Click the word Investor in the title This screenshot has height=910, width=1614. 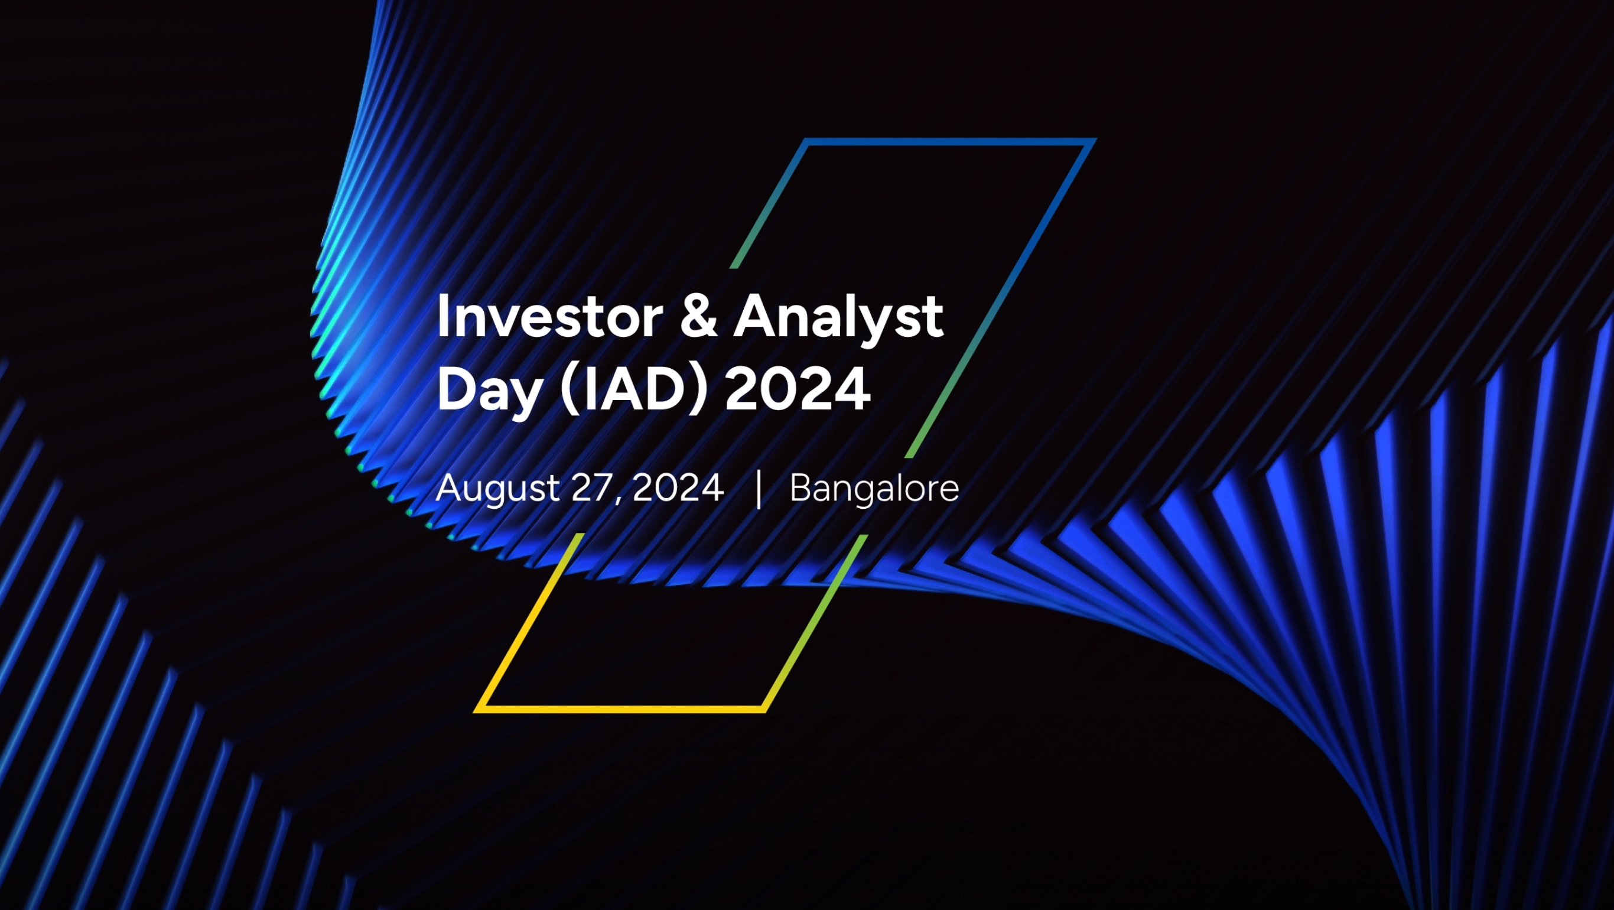[549, 317]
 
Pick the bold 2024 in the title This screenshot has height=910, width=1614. [798, 389]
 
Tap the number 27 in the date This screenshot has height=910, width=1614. [593, 487]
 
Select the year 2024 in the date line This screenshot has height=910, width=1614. [678, 487]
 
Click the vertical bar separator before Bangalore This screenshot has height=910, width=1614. [759, 489]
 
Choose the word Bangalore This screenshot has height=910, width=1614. [874, 489]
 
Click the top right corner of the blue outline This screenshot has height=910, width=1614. [1093, 141]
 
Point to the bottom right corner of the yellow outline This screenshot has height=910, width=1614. [764, 710]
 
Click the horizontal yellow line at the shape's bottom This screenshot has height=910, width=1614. [620, 710]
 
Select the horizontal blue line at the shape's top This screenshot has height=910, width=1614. [949, 142]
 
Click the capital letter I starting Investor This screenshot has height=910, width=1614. [442, 317]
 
